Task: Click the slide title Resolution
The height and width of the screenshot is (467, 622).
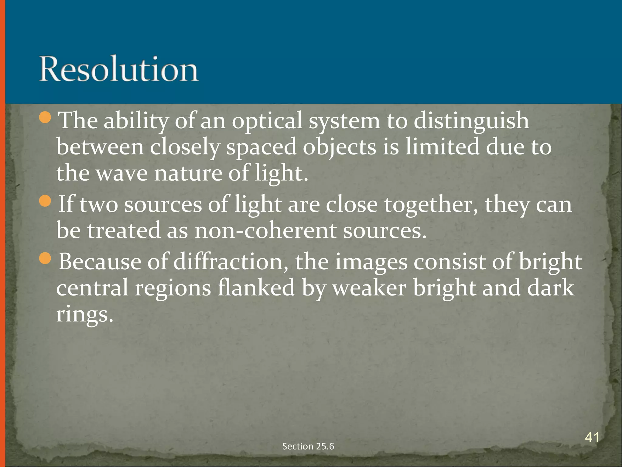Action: [119, 69]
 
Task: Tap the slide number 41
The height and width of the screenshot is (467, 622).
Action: [592, 438]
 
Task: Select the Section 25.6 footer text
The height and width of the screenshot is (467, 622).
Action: [308, 446]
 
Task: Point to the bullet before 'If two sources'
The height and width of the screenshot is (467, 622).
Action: [46, 202]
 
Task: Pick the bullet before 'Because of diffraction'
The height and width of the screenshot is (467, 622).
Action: [46, 258]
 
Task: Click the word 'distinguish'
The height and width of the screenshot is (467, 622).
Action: [471, 121]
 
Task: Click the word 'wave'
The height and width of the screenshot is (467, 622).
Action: [121, 173]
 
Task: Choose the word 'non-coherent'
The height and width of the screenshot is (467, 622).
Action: [265, 230]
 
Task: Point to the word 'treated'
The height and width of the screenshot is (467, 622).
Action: [124, 230]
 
